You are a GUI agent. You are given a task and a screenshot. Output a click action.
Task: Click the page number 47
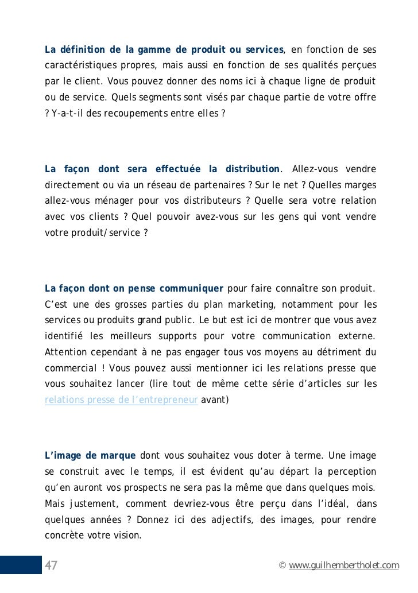[51, 565]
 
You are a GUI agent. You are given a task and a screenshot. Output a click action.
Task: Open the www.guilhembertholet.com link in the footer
[344, 566]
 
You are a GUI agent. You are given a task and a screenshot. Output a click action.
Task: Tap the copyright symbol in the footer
[281, 566]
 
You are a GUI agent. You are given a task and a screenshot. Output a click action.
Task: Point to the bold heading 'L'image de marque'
[90, 456]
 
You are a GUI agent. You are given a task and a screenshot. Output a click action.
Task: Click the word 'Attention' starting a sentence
[65, 351]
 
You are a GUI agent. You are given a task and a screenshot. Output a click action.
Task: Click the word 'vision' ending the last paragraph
[128, 536]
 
